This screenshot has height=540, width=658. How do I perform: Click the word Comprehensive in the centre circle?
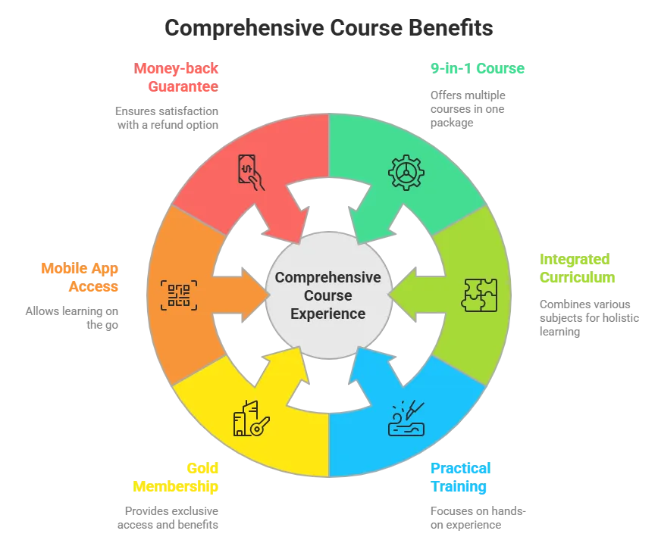[x=327, y=277]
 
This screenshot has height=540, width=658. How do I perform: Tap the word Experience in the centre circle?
[x=327, y=314]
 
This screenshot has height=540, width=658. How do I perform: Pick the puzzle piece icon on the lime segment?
[x=480, y=295]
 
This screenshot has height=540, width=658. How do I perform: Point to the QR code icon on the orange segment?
[x=179, y=293]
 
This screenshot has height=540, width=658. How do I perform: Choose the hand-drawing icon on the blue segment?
[x=406, y=419]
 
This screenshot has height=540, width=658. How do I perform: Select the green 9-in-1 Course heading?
[x=478, y=70]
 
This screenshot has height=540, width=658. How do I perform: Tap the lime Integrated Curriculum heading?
[x=578, y=268]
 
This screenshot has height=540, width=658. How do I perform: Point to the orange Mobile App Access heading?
[x=80, y=277]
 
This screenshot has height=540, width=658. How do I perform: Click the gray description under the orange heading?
[x=73, y=317]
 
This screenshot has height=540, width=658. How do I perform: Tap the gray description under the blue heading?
[x=478, y=517]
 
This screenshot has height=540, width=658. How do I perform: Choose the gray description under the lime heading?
[x=590, y=317]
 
